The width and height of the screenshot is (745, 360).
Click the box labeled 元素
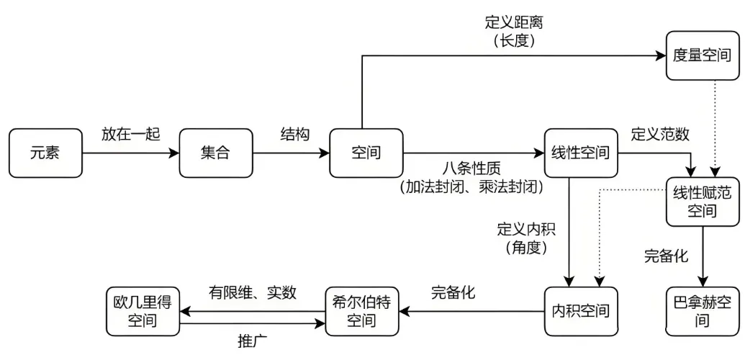point(46,153)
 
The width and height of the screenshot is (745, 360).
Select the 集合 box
point(217,153)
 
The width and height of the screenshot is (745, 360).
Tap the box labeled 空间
point(366,153)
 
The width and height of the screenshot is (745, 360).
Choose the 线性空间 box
point(580,153)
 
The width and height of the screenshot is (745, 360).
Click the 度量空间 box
point(701,56)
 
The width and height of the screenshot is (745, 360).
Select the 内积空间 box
point(580,311)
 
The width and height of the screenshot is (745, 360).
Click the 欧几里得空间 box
point(142,311)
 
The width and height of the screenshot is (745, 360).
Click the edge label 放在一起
point(130,134)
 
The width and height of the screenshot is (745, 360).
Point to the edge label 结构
point(294,134)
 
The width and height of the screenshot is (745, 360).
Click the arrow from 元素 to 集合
point(130,153)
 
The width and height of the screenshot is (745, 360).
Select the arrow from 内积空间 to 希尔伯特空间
point(471,311)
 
